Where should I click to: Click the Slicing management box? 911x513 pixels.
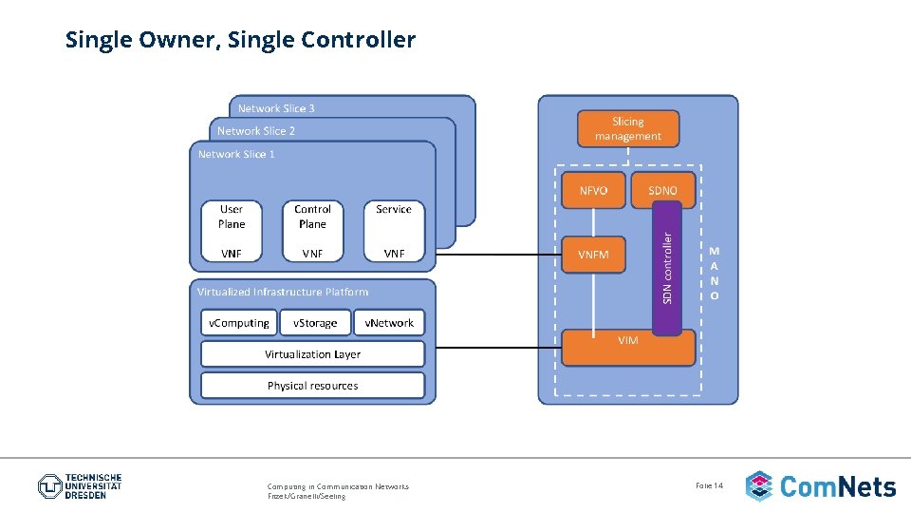627,129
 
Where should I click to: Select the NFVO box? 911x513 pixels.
593,190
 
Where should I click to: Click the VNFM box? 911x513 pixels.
593,255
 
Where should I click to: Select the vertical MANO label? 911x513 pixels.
715,274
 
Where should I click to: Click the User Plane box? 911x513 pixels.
232,217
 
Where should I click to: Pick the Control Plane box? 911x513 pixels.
312,217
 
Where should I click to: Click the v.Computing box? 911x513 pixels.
239,323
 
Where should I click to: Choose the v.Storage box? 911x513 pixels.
315,323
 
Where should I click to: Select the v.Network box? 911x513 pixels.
389,323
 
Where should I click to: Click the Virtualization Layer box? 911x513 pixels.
312,354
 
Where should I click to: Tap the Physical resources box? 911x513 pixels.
312,386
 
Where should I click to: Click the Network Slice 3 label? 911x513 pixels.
276,108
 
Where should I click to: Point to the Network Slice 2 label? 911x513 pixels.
256,131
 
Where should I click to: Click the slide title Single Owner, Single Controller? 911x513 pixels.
240,40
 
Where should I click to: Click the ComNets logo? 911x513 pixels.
821,486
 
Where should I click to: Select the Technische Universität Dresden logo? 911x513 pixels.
80,486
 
